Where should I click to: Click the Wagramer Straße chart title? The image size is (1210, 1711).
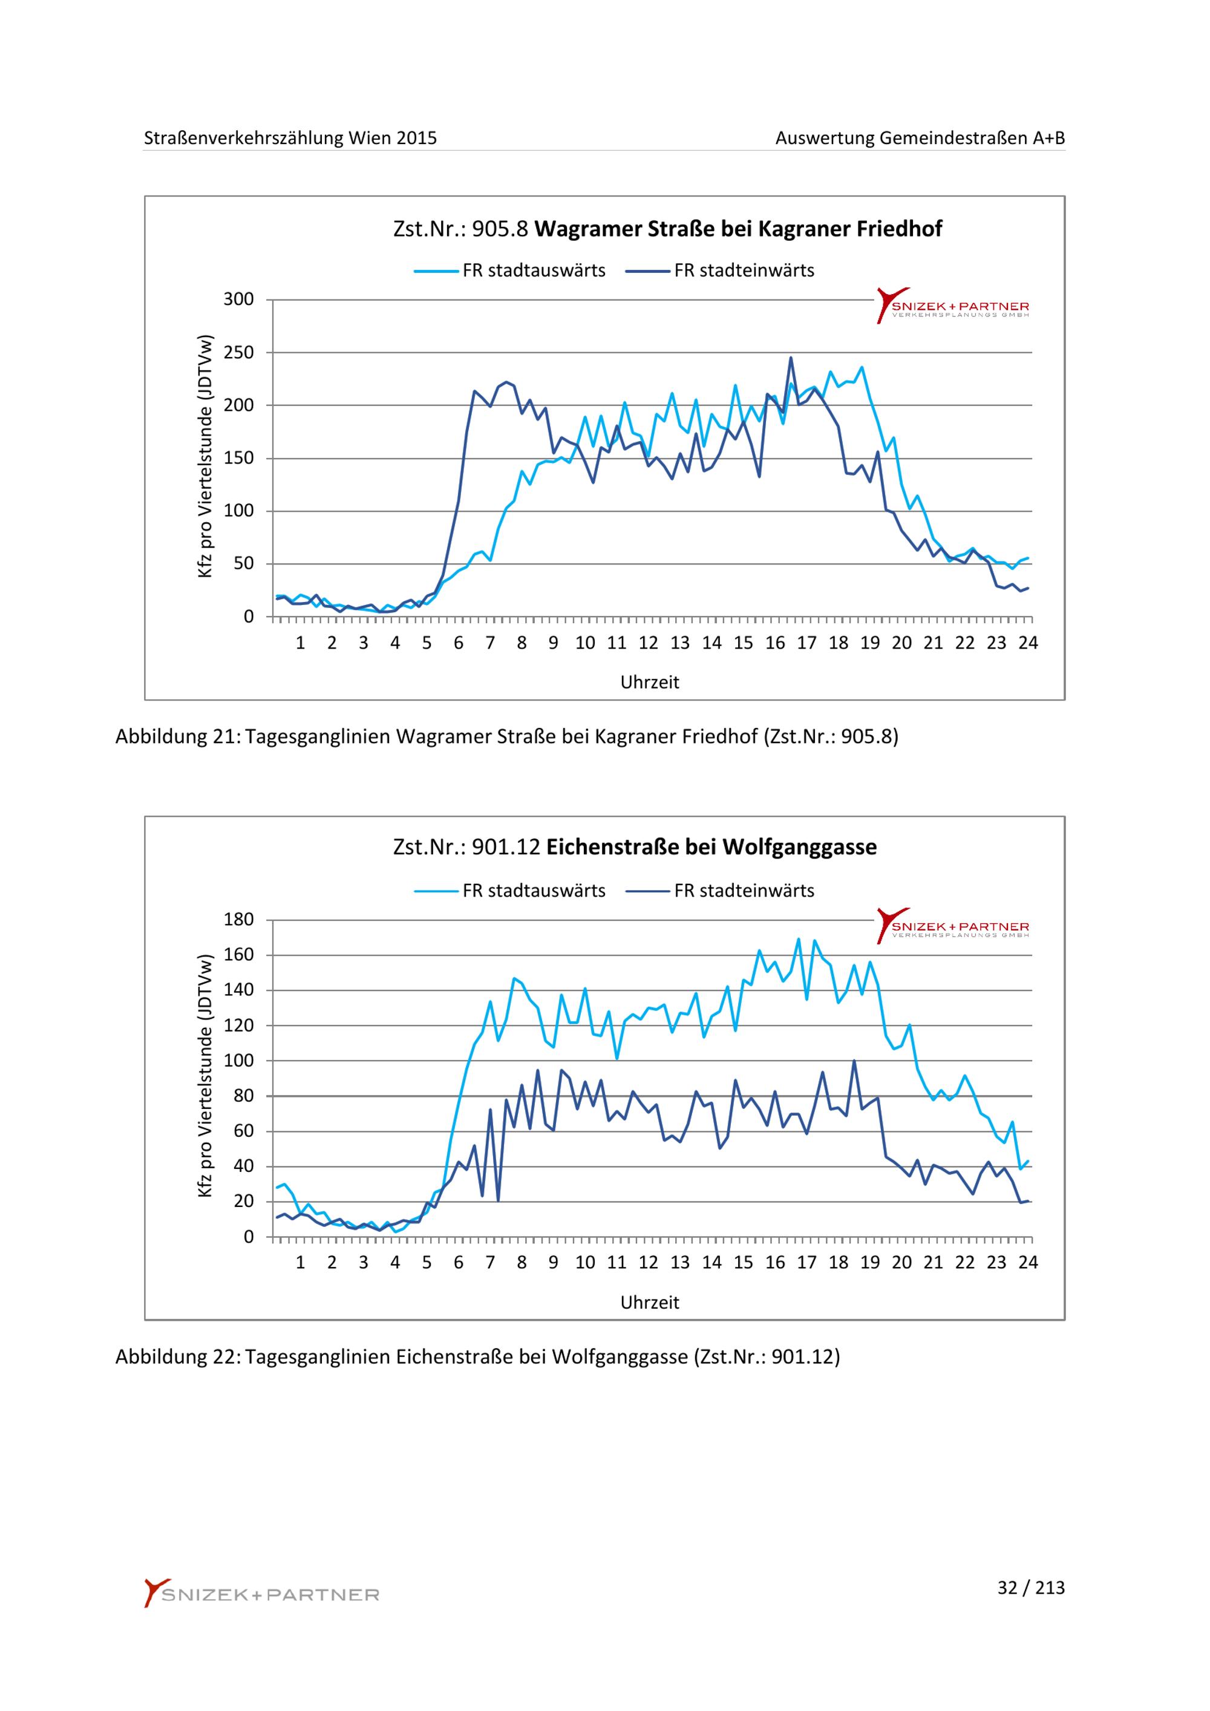[x=667, y=229]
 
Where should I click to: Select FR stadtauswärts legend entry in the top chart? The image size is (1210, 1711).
[x=509, y=270]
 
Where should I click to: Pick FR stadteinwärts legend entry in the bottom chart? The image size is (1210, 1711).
[x=720, y=891]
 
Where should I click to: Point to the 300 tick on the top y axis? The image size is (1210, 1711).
[x=238, y=299]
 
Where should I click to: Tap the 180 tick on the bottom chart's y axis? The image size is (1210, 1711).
[x=238, y=920]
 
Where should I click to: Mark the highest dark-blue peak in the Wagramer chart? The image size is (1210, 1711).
[x=791, y=358]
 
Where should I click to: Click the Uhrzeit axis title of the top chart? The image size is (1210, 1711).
[x=650, y=682]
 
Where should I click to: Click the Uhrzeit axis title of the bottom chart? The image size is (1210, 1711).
[x=650, y=1303]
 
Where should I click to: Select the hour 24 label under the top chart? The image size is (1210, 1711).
[x=1028, y=643]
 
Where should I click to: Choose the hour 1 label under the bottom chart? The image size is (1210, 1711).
[x=300, y=1263]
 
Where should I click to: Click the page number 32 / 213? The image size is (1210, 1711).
[x=1031, y=1588]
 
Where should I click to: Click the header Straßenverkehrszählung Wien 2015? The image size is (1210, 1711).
[x=290, y=139]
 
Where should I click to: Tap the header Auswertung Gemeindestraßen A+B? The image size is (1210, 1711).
[x=920, y=139]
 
